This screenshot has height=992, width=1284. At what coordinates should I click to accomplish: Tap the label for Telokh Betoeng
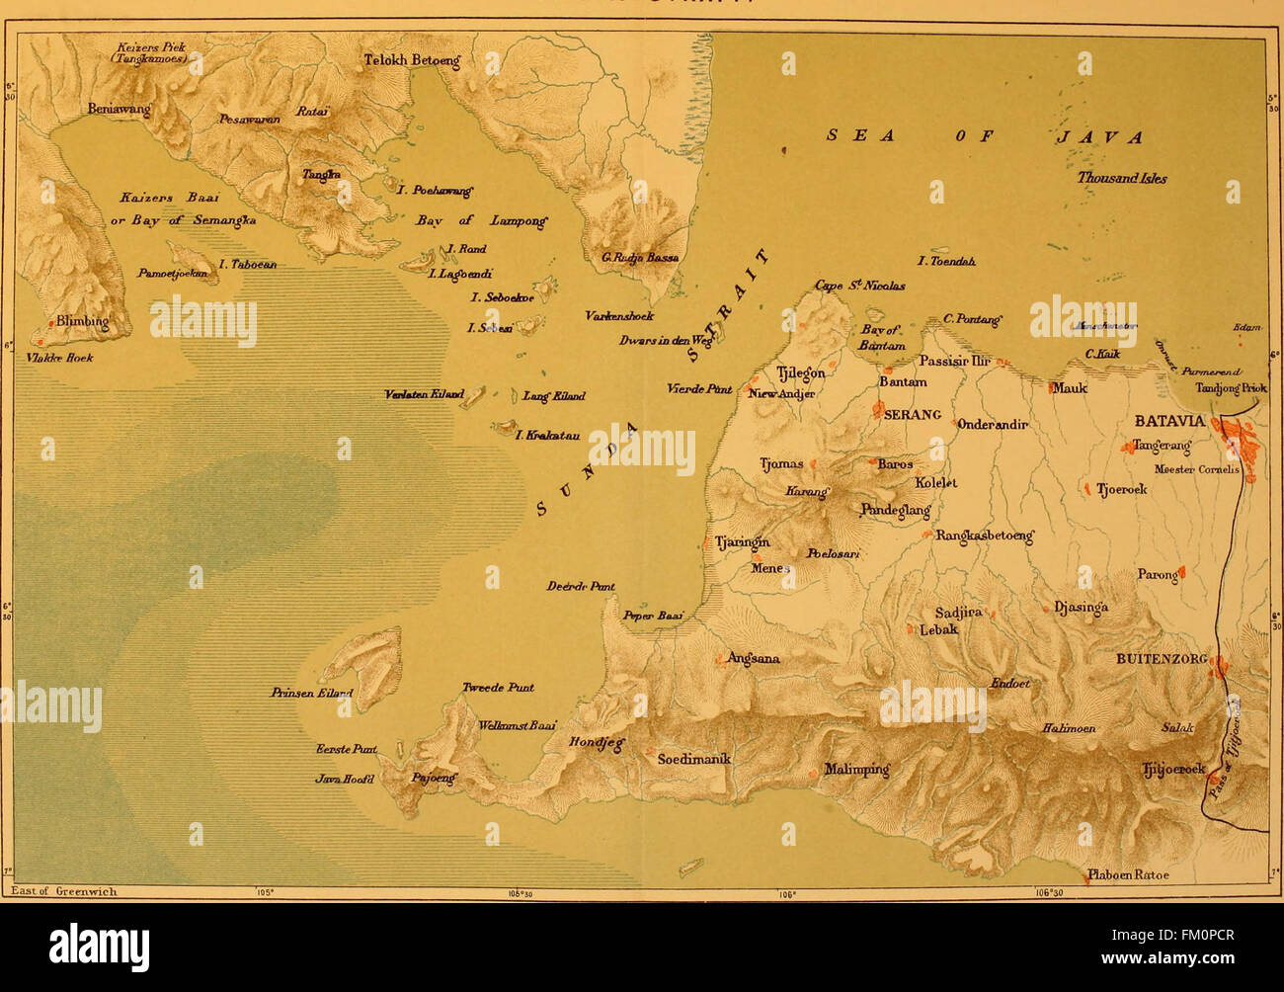coord(412,60)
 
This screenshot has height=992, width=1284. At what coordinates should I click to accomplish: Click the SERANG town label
coord(911,415)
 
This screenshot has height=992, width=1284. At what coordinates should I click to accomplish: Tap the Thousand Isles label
coord(1121,179)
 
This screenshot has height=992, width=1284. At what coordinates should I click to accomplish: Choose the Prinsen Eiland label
coord(311,694)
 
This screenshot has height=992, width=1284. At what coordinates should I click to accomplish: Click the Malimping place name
coord(856,770)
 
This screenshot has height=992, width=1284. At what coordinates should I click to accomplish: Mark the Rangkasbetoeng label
coord(984,536)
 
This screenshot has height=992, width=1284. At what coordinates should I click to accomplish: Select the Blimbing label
coord(82,321)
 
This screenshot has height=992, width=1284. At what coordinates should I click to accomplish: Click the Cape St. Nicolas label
coord(859,286)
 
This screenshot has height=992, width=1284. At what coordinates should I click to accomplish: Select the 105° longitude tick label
coord(263,892)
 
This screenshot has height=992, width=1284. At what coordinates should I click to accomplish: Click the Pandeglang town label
coord(896,510)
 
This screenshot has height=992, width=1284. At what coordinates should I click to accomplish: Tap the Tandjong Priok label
coord(1231,388)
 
